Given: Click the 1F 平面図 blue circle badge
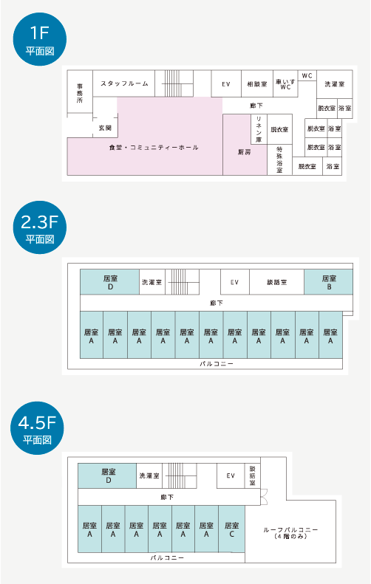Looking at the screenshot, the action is point(39,39).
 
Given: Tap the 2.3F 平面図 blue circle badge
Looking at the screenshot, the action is point(39,227).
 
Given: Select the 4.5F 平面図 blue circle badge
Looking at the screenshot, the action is point(37,428).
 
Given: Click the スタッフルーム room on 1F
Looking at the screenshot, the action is point(124,84).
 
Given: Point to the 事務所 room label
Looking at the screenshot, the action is point(80,93).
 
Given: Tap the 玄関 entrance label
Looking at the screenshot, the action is point(105,128).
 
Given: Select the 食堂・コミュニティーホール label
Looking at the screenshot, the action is point(154,148).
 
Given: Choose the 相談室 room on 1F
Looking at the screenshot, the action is point(257,84).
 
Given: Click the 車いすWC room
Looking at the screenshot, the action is point(285,84).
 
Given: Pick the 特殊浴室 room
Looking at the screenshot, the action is point(279,159).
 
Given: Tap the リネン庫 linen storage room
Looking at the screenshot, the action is point(259,129).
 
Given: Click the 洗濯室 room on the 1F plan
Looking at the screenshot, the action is point(335,84).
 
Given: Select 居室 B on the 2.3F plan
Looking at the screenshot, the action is point(328,282).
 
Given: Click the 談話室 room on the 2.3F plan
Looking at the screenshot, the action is point(276,282).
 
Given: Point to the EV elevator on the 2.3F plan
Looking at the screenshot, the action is point(234,282).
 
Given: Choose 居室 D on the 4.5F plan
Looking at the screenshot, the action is point(107,475).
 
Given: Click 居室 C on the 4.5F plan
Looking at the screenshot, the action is point(231,529).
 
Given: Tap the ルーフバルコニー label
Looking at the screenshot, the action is point(290,533).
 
